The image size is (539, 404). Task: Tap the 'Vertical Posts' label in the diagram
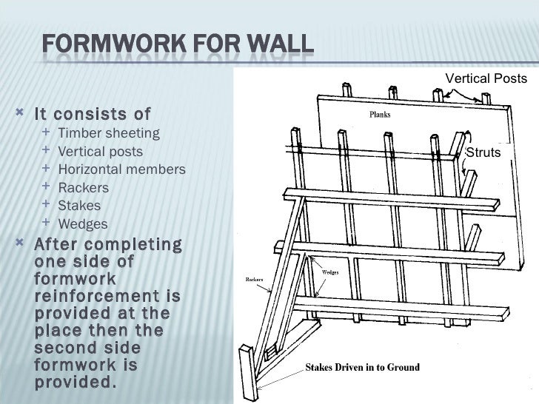click(x=486, y=78)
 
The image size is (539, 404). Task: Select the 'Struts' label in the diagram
click(x=483, y=152)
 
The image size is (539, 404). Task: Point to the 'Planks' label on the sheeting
click(x=380, y=115)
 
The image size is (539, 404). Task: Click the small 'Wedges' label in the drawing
click(x=330, y=272)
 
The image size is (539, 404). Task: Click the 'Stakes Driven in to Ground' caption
click(x=363, y=367)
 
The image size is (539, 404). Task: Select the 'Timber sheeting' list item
click(x=108, y=133)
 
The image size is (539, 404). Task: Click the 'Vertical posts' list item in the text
click(x=100, y=152)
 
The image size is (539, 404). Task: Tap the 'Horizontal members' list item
click(x=121, y=169)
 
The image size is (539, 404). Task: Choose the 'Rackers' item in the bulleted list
click(x=83, y=188)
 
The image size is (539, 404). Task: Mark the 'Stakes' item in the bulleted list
click(x=79, y=206)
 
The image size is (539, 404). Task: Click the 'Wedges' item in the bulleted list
click(x=82, y=224)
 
